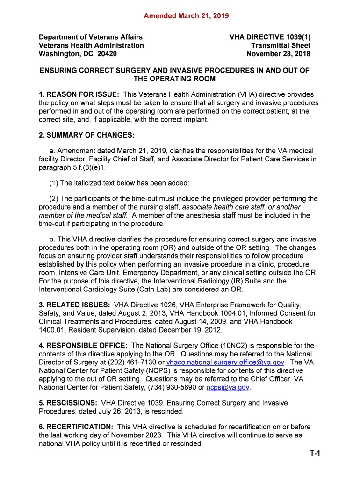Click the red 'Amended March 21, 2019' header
coord(180,16)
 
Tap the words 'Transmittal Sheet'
coord(281,45)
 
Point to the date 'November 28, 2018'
coord(278,54)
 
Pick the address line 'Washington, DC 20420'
coord(78,54)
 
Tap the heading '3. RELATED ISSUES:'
coord(74,305)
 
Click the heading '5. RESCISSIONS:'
coord(68,403)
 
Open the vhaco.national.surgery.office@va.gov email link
coord(225,363)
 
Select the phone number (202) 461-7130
coord(129,363)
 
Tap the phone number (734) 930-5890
coord(172,388)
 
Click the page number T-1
coord(314,453)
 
